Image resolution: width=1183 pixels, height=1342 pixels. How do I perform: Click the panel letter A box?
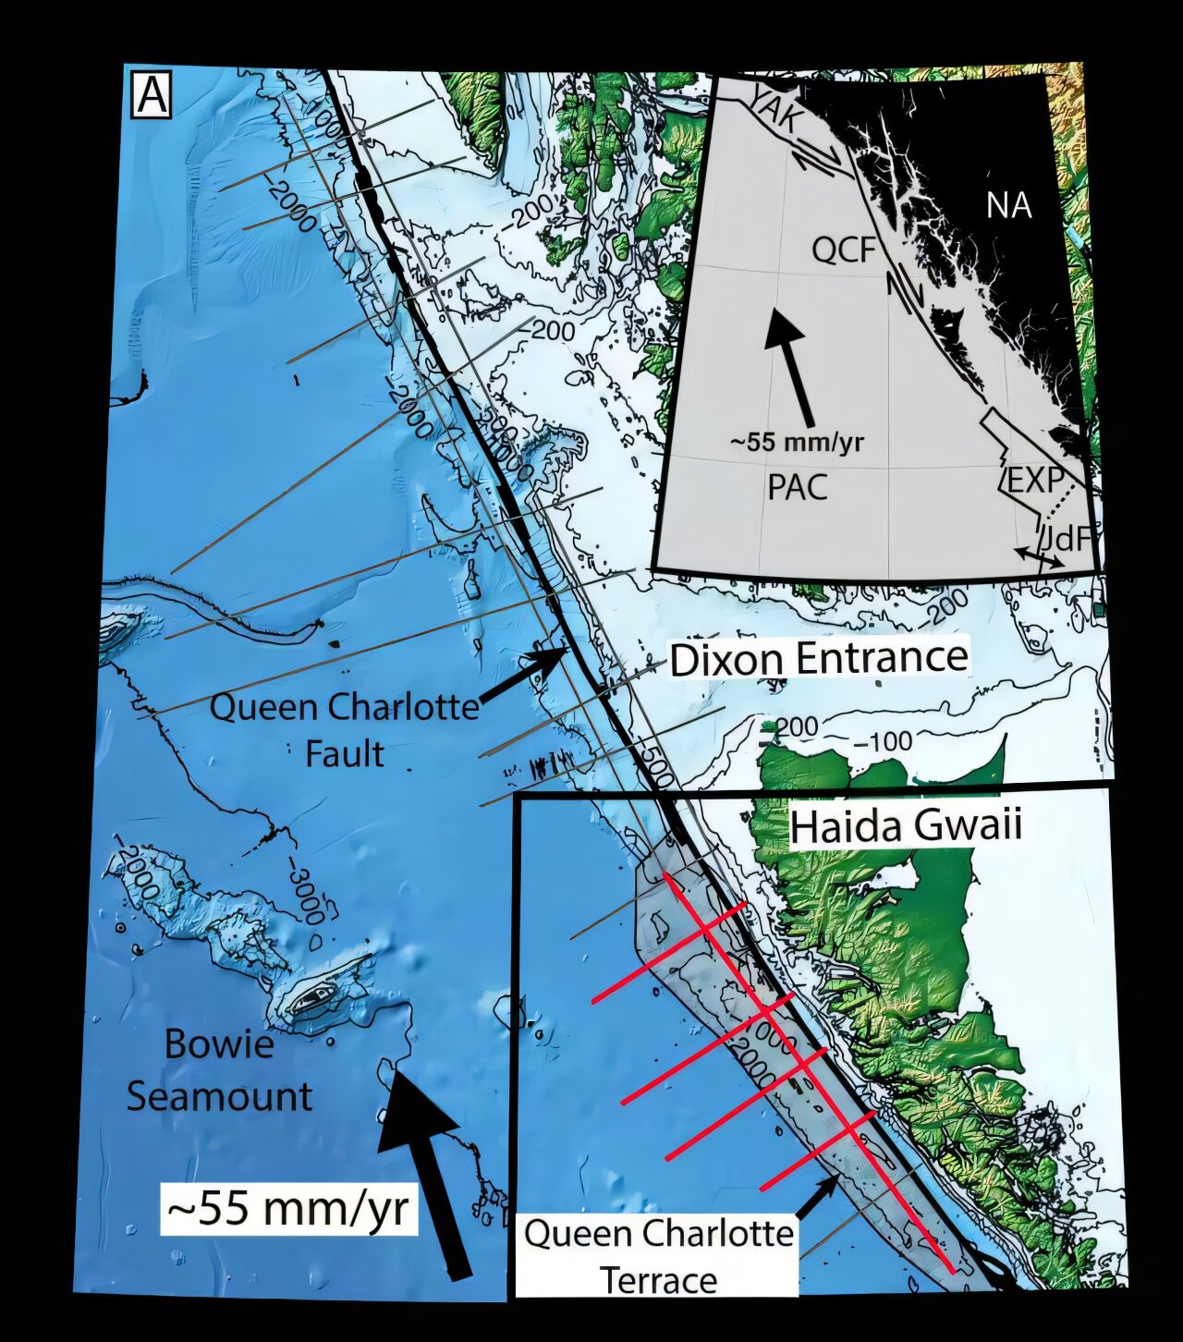152,95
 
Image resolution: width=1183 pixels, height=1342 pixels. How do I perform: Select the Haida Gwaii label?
906,825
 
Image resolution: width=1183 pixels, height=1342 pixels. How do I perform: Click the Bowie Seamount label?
219,1070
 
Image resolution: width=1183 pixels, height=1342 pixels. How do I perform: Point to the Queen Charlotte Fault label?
344,730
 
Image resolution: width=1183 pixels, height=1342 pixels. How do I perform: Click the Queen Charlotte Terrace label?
658,1257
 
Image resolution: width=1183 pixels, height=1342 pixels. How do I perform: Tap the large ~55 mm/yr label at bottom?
289,1207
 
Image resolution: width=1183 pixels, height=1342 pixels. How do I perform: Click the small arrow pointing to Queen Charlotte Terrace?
817,1198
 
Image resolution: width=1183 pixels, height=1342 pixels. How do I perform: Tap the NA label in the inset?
1008,205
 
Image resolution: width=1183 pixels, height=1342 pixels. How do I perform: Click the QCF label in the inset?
843,249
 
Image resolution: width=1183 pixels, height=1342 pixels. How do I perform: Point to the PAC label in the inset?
797,487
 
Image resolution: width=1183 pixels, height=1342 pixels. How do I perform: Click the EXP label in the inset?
1032,481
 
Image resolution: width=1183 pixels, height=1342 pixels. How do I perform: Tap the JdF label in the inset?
1067,538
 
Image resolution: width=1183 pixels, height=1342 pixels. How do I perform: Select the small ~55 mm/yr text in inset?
797,442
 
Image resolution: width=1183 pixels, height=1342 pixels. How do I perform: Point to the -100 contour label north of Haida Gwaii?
883,741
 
